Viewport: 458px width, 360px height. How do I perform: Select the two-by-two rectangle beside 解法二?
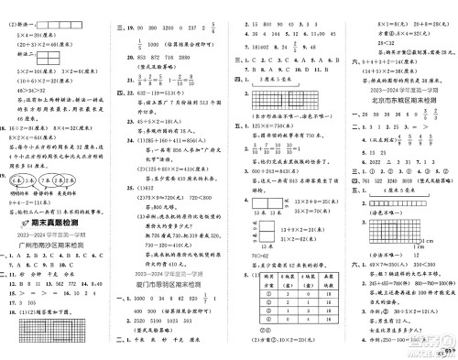[41, 57]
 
